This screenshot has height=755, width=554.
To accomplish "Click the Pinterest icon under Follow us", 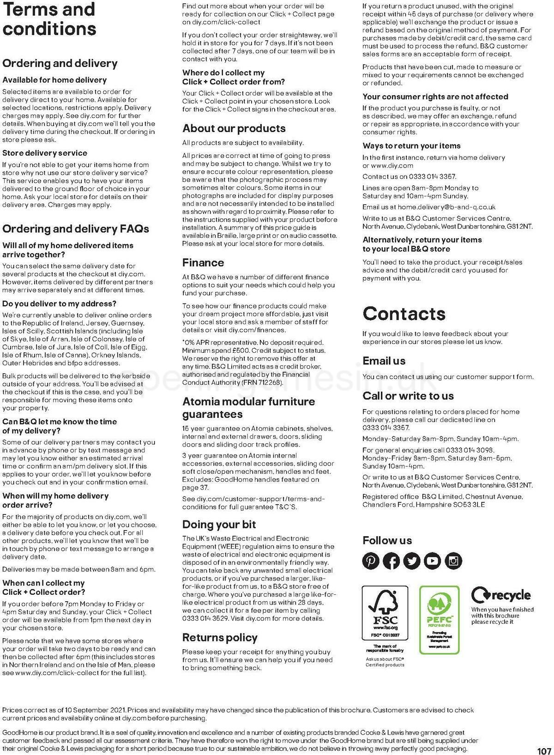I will tap(371, 561).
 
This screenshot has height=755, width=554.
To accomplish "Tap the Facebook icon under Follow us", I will tap(391, 561).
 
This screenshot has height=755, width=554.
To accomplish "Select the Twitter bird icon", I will tap(412, 561).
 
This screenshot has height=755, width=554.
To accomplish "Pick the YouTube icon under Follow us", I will tap(433, 561).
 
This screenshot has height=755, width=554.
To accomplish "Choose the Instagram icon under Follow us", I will tap(453, 561).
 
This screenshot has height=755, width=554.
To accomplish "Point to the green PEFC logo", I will tap(439, 619).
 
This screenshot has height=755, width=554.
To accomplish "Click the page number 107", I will tap(544, 751).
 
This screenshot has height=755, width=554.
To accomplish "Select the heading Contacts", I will tap(404, 314).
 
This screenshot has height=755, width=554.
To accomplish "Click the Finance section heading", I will tap(203, 263).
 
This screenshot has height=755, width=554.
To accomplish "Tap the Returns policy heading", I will tap(220, 638).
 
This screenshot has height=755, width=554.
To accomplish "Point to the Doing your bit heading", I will tap(219, 525).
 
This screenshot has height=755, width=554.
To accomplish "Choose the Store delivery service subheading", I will tap(45, 153).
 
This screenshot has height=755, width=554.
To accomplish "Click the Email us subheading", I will tap(384, 361).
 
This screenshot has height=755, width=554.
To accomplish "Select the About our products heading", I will tap(234, 128).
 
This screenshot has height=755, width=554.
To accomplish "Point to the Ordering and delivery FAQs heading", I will tap(76, 229).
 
